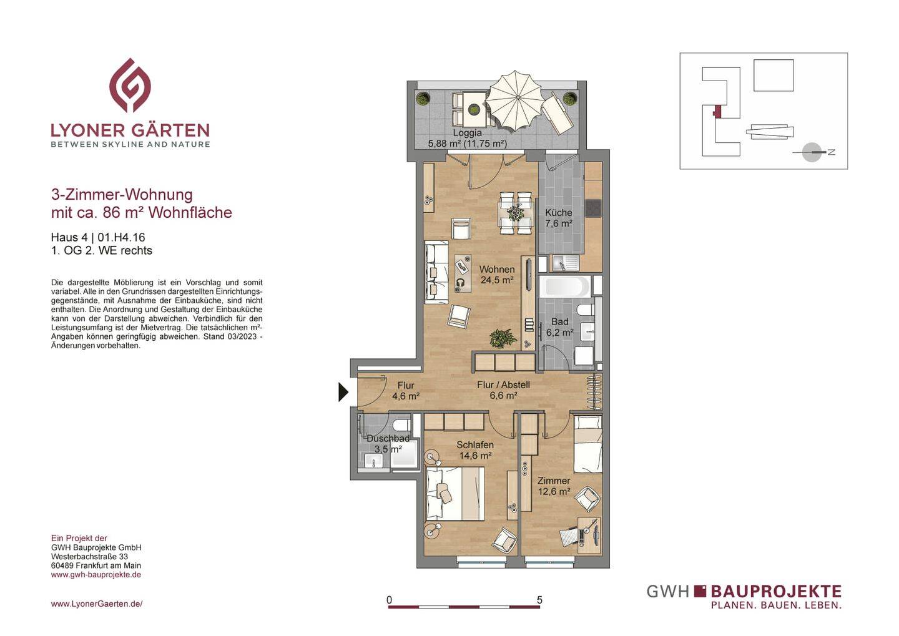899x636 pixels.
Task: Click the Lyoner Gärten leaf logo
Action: [x=130, y=85]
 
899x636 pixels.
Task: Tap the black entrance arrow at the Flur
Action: [x=343, y=392]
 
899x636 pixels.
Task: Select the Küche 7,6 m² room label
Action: [x=559, y=218]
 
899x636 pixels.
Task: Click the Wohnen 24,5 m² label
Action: [x=497, y=275]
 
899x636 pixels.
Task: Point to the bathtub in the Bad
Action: [x=564, y=286]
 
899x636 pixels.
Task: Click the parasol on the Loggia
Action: [x=516, y=100]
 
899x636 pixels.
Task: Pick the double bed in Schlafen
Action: [x=454, y=494]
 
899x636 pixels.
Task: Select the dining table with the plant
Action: [x=516, y=213]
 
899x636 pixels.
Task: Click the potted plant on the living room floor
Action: [x=502, y=338]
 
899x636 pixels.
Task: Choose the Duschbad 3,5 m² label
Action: [x=388, y=444]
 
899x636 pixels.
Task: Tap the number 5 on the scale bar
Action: [x=539, y=600]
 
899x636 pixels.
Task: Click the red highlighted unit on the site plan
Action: [x=717, y=111]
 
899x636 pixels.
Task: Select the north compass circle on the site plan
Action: [x=812, y=152]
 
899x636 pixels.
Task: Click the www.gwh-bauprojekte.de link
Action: [x=96, y=575]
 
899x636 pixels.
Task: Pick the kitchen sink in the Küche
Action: [x=565, y=263]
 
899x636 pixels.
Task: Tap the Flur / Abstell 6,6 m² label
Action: [x=503, y=390]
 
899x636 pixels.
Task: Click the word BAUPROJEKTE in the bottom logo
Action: [x=776, y=591]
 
